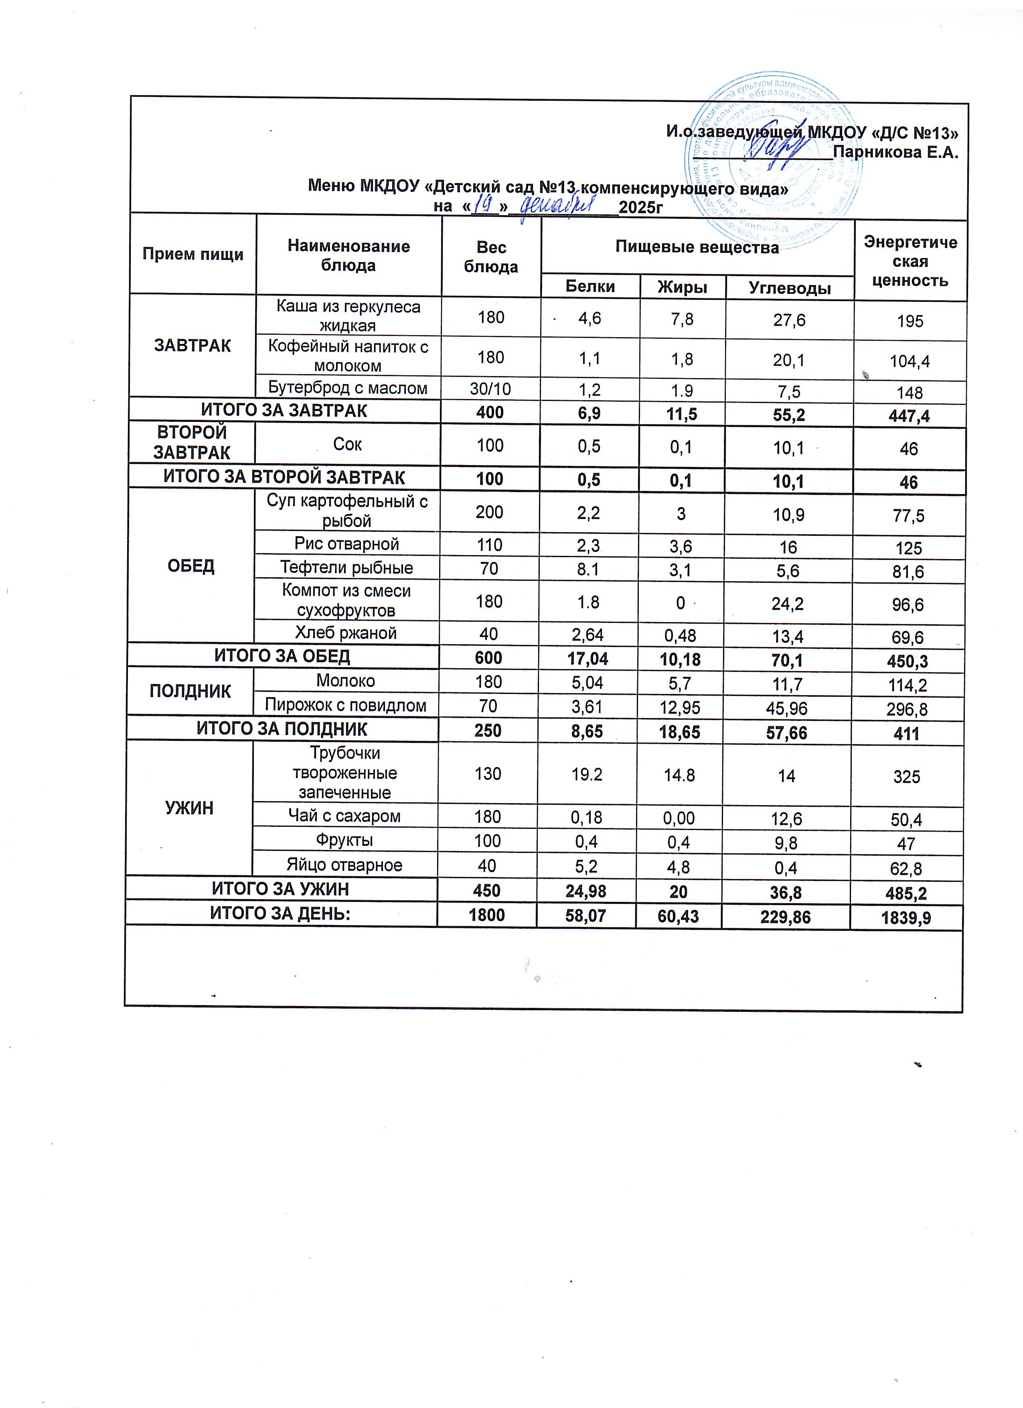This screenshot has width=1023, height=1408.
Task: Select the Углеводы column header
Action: tap(789, 288)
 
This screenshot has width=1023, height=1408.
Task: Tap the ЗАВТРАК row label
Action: tap(192, 346)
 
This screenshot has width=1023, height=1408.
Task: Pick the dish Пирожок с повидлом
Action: tap(346, 705)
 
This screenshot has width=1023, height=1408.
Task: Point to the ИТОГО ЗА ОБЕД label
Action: tap(282, 655)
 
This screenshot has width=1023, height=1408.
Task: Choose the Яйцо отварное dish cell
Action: tap(344, 865)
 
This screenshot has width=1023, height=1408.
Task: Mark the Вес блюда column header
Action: tap(491, 256)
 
